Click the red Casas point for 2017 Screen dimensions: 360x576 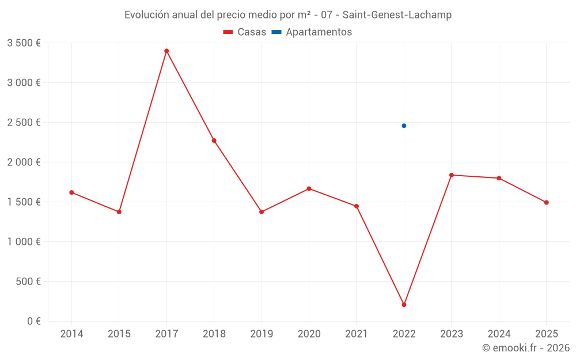pyautogui.click(x=166, y=51)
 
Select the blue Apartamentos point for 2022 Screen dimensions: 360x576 pyautogui.click(x=404, y=126)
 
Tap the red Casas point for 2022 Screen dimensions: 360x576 pyautogui.click(x=404, y=305)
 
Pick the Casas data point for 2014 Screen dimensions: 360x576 pyautogui.click(x=71, y=192)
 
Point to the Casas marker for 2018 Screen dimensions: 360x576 pyautogui.click(x=214, y=141)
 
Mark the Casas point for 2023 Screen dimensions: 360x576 pyautogui.click(x=452, y=175)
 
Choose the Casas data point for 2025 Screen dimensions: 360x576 pyautogui.click(x=547, y=202)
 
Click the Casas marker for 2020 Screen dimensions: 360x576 pyautogui.click(x=309, y=188)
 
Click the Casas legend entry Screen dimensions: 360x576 pyautogui.click(x=245, y=32)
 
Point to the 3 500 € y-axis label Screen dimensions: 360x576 pyautogui.click(x=24, y=43)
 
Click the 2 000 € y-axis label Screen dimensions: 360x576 pyautogui.click(x=24, y=162)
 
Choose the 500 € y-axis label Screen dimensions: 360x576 pyautogui.click(x=27, y=281)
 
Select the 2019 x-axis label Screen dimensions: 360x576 pyautogui.click(x=262, y=334)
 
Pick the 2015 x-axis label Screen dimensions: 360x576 pyautogui.click(x=119, y=334)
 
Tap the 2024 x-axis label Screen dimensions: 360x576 pyautogui.click(x=499, y=334)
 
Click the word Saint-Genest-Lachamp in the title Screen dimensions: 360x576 pyautogui.click(x=397, y=15)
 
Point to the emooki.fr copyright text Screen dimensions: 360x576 pyautogui.click(x=526, y=348)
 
